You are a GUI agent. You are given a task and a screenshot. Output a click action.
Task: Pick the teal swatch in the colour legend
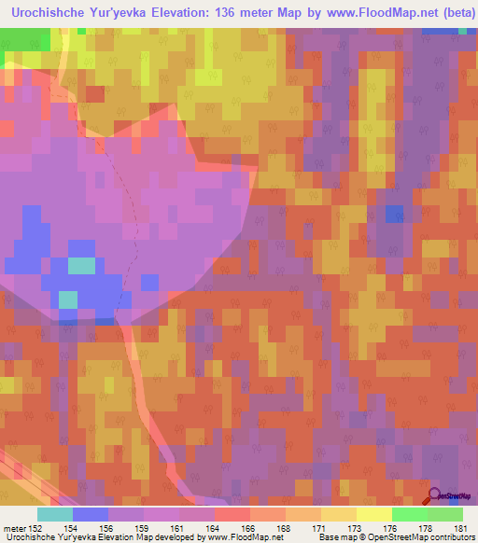coord(55,515)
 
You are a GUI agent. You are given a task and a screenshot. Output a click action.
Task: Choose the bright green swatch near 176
coord(409,515)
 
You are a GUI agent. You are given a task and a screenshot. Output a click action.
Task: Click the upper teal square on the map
coord(82,265)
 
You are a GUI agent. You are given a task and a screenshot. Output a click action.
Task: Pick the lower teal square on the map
coord(68,299)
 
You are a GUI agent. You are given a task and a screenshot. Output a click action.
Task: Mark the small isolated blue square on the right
coord(395,215)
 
